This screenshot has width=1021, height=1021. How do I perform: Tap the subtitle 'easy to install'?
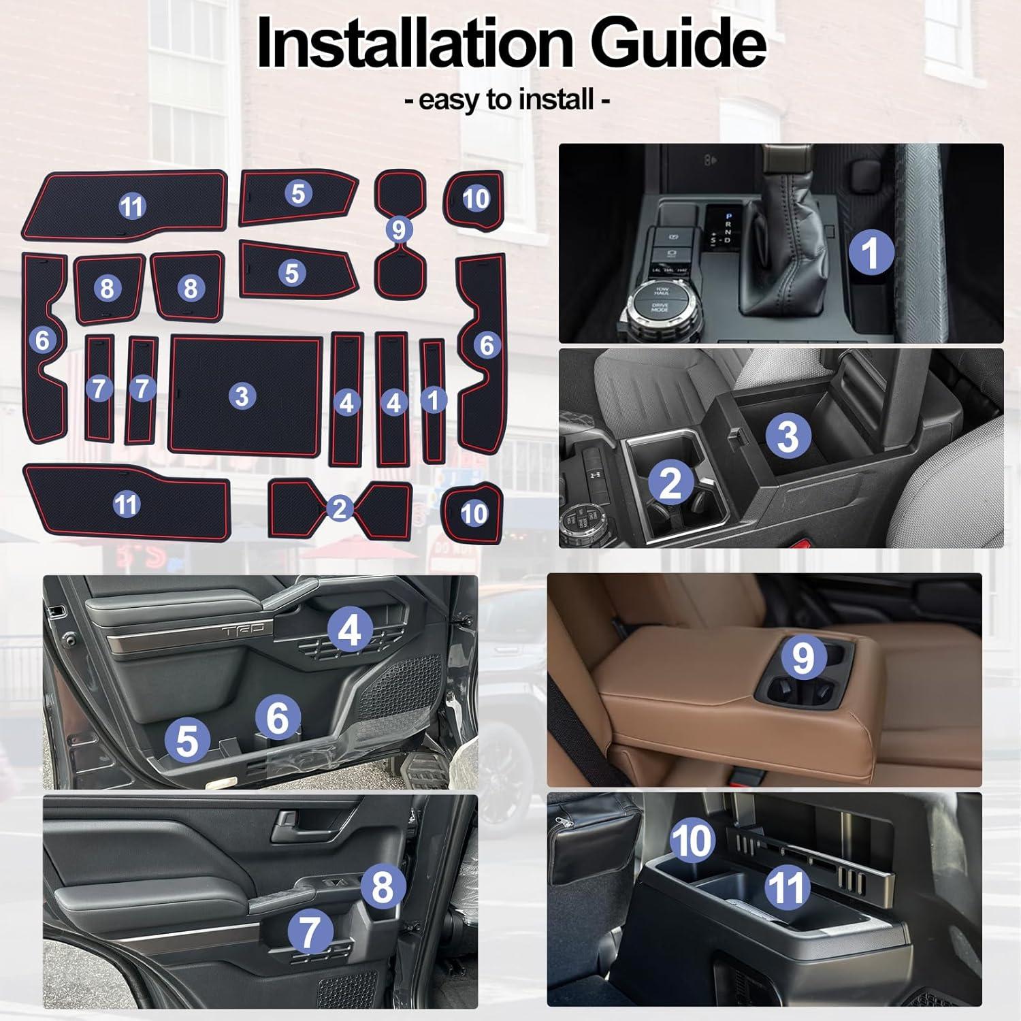507,99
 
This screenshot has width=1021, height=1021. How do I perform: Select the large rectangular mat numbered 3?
245,395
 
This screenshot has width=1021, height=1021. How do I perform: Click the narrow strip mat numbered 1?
433,401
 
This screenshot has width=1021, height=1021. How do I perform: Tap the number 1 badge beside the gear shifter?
871,253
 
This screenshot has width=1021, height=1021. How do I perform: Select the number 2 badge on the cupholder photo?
671,482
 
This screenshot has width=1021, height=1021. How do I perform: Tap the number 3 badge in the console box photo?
788,435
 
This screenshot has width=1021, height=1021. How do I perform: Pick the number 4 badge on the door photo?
350,630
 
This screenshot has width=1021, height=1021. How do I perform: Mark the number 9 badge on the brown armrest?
803,658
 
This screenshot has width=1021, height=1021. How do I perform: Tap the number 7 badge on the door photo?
310,930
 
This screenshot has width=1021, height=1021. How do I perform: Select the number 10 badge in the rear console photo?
692,839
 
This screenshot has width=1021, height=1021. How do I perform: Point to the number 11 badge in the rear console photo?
788,886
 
